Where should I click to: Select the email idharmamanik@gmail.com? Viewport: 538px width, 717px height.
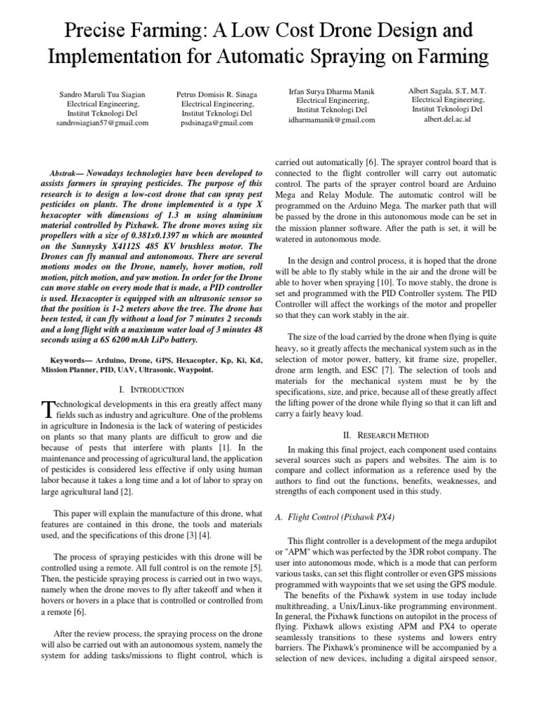point(332,120)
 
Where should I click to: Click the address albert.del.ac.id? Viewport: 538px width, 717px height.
point(448,119)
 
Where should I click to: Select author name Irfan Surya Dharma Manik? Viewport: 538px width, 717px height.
point(332,90)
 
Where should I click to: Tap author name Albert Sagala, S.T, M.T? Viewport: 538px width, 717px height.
point(448,90)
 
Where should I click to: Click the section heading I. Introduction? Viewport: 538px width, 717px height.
point(152,389)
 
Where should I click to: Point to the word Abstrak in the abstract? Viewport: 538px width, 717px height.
point(67,172)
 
